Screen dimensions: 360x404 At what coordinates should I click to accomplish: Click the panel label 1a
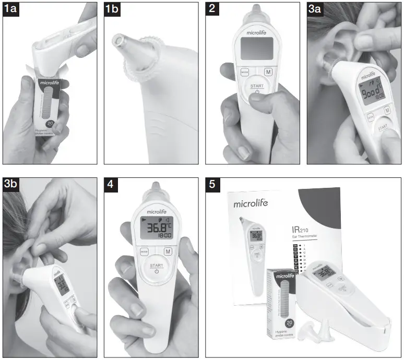click(x=12, y=10)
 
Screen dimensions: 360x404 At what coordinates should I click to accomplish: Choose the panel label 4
click(x=110, y=185)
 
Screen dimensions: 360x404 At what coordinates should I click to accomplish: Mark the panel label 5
click(x=211, y=185)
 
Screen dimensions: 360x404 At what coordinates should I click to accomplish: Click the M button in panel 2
click(x=268, y=71)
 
